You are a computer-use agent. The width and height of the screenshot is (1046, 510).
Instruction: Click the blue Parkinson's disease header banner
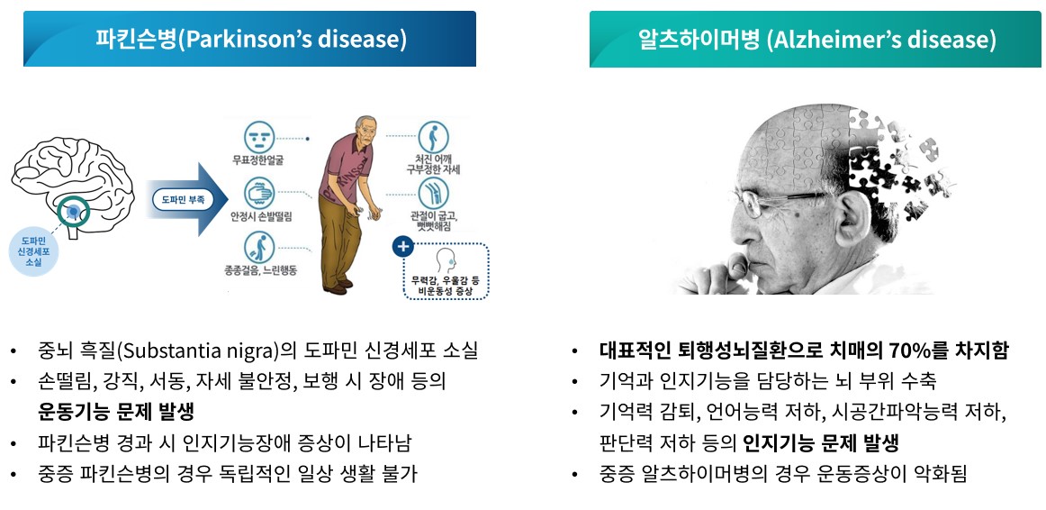(x=249, y=40)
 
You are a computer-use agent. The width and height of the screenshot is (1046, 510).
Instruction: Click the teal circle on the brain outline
(x=73, y=213)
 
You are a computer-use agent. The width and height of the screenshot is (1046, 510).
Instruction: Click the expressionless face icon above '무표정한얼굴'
(x=258, y=139)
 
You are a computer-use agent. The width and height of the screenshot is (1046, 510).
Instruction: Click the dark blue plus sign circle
(x=402, y=246)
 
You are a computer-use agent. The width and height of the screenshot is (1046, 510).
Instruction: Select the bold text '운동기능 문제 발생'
(x=116, y=412)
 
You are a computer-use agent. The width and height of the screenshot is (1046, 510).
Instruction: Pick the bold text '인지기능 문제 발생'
(x=821, y=442)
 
